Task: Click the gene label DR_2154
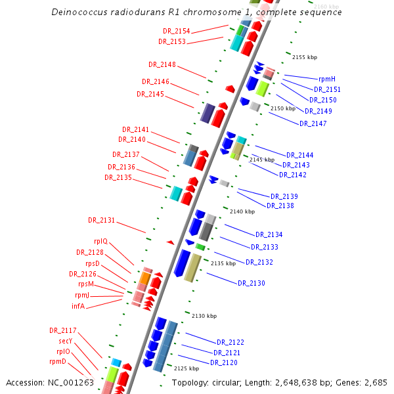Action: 177,31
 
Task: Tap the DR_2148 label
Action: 162,64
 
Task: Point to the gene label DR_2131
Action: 102,220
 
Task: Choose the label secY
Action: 65,341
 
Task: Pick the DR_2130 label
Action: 252,283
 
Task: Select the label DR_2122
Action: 230,342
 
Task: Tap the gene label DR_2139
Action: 284,196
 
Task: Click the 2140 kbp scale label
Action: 242,211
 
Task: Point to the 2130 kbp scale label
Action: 204,316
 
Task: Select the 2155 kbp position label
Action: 304,57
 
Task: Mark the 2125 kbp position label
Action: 186,369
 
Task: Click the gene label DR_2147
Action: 313,123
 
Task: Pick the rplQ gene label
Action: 101,241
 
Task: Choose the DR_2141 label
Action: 136,129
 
